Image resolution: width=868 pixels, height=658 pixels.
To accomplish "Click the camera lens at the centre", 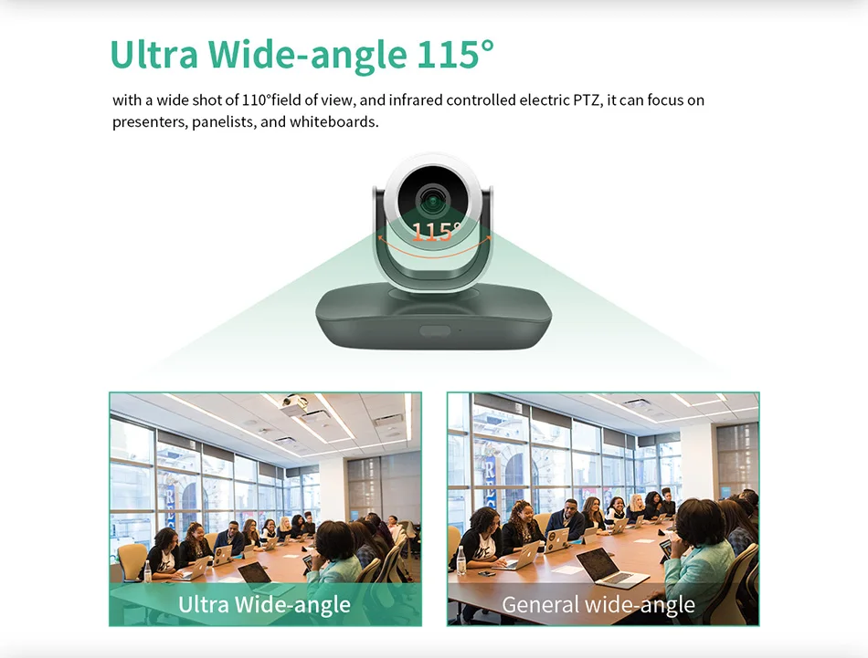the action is (x=433, y=200).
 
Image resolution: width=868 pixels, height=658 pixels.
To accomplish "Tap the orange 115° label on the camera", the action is (x=437, y=231).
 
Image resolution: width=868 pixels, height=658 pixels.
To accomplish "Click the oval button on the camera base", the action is (x=435, y=331).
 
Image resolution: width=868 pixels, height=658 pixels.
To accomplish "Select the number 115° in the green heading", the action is (x=455, y=54).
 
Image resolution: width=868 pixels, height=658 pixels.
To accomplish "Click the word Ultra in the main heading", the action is (x=154, y=54).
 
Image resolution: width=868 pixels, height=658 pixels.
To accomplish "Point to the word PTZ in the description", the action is (x=587, y=100).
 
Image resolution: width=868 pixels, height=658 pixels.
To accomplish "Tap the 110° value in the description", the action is (x=257, y=100).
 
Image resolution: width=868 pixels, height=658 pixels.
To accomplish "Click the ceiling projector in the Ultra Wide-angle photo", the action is (x=295, y=403).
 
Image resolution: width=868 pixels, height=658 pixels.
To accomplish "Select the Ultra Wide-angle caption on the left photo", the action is (x=264, y=604).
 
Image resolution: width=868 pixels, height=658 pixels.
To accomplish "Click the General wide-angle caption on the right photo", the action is (x=598, y=604).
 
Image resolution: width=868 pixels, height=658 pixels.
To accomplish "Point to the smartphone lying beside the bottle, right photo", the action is (x=487, y=573).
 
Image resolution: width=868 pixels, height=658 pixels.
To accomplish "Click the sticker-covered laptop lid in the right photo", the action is (x=557, y=540).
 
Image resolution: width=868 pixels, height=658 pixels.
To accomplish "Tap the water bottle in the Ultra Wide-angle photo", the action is (x=147, y=571).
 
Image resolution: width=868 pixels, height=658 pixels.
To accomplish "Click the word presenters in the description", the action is (x=150, y=121).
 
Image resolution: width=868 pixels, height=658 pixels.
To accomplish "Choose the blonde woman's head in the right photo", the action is (x=637, y=502).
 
